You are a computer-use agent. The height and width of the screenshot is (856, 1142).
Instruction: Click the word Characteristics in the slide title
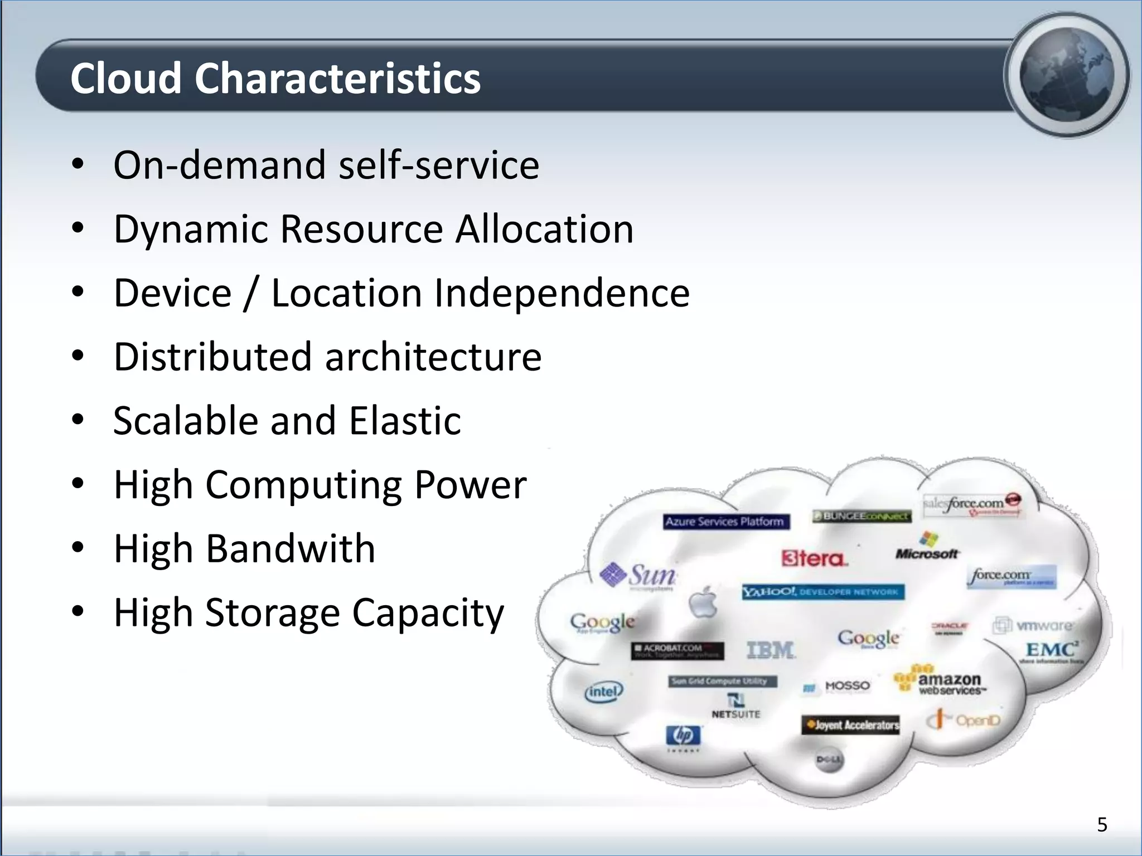pos(337,78)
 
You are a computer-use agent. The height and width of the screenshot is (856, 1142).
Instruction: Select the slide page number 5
pos(1102,824)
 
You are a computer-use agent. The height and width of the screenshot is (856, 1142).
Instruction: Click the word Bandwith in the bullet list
pos(291,548)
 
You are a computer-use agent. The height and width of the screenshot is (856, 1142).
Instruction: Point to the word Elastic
pos(405,420)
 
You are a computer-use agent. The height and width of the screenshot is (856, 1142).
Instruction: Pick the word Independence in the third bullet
pos(562,293)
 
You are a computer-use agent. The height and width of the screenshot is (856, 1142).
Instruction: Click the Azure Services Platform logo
pos(725,522)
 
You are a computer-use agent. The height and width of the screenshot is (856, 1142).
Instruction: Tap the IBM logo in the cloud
pos(771,650)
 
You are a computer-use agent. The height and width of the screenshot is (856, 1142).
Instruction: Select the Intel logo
pos(603,692)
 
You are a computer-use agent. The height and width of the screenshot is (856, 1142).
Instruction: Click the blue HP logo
pos(683,736)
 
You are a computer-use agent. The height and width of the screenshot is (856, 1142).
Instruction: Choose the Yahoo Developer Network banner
pos(823,591)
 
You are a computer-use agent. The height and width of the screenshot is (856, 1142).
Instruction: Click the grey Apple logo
pos(703,602)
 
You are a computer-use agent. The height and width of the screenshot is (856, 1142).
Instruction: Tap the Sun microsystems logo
pos(638,575)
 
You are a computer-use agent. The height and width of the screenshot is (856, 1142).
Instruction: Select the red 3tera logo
pos(814,558)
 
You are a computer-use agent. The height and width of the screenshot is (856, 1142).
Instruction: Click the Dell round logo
pos(829,760)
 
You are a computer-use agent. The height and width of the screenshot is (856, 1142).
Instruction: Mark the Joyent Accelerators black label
pos(850,725)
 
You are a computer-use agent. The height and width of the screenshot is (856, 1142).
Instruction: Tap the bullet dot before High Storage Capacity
pos(78,611)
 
